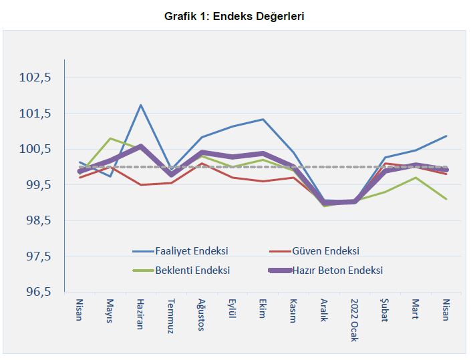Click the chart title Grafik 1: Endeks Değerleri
click(x=234, y=16)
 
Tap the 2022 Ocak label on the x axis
click(x=354, y=319)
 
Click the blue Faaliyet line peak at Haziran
click(x=141, y=105)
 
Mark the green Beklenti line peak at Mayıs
click(x=110, y=138)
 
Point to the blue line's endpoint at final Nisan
click(x=446, y=136)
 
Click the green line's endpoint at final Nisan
click(x=446, y=199)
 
